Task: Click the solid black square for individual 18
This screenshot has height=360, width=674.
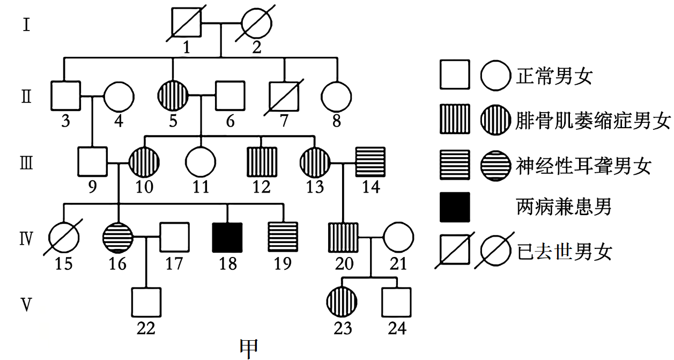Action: (x=228, y=237)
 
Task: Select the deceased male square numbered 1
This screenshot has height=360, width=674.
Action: (x=186, y=23)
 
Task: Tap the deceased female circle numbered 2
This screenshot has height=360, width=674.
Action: (x=256, y=23)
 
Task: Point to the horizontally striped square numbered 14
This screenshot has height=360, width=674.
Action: (x=371, y=162)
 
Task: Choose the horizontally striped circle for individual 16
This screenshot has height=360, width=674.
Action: (x=117, y=237)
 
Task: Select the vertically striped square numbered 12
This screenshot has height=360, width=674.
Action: (x=262, y=162)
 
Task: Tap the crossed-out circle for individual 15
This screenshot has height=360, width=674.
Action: (x=64, y=237)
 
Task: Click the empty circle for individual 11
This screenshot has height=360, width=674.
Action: (x=201, y=162)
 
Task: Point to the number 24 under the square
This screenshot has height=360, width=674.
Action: (x=397, y=327)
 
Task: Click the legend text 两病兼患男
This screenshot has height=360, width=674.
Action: (x=564, y=207)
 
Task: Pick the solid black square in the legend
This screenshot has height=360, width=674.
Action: (x=455, y=207)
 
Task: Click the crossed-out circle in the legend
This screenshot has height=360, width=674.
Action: (x=495, y=250)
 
